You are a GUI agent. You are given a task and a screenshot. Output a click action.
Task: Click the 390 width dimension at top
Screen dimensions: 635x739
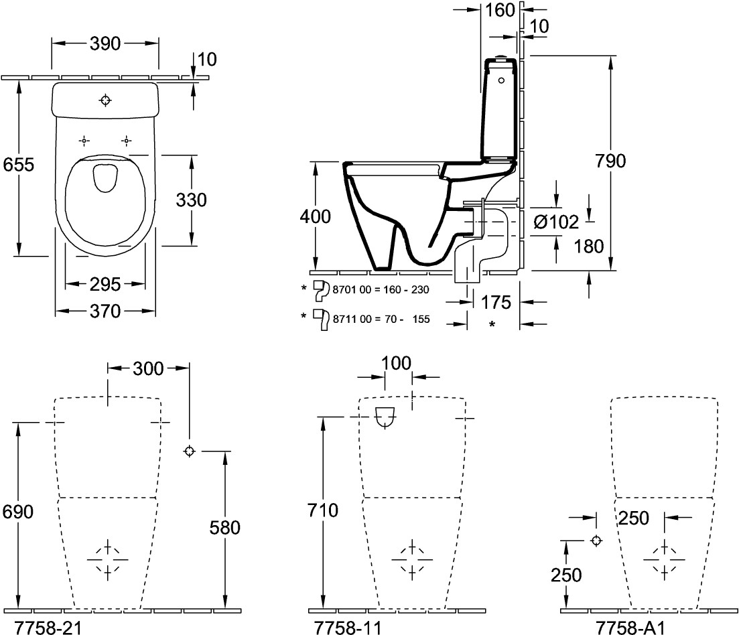[x=105, y=44]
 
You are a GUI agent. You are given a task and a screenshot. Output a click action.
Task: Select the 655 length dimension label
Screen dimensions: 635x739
[x=18, y=165]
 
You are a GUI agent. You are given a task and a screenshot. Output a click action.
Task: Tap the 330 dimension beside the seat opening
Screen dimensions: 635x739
[x=191, y=200]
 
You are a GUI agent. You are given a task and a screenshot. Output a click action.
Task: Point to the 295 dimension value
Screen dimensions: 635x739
[x=105, y=284]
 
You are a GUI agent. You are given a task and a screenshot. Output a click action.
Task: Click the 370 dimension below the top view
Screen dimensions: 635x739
[x=105, y=311]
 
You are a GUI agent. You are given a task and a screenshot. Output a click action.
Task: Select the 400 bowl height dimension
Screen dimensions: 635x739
[x=314, y=217]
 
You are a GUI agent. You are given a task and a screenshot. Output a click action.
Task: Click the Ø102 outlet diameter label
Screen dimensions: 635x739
[x=555, y=222]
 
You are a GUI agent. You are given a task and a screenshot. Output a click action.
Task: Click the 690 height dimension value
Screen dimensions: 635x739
[x=18, y=511]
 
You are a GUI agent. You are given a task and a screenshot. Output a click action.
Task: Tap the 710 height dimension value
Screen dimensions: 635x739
[x=323, y=511]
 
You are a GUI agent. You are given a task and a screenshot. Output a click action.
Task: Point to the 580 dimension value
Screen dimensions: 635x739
[x=224, y=528]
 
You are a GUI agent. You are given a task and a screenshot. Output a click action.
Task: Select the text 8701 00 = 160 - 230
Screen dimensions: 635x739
[x=379, y=289]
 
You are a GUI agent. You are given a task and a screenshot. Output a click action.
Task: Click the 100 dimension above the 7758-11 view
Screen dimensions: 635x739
[x=397, y=363]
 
